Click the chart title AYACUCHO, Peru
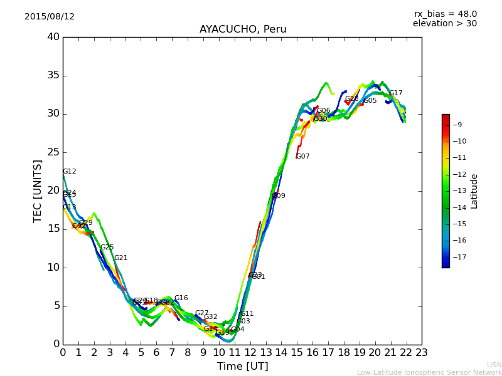pos(243,29)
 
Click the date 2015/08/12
pos(50,17)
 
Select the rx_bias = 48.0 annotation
pos(445,14)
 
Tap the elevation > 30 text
pos(444,24)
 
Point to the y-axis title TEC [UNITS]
pos(38,191)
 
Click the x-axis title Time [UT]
pos(242,367)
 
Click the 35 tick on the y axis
pos(53,76)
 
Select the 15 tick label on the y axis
pos(53,229)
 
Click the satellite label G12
pos(69,172)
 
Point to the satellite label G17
pos(395,93)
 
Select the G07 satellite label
pos(303,157)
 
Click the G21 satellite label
pos(120,258)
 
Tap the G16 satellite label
pos(181,298)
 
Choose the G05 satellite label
pos(370,101)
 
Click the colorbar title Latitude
pos(474,191)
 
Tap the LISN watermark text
pos(494,365)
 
